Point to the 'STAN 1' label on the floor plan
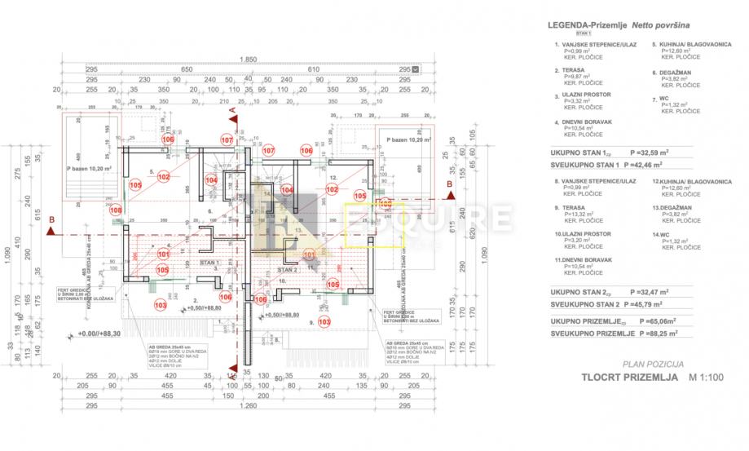click(x=211, y=263)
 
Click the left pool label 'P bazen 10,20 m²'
click(x=90, y=170)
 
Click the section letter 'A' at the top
click(x=232, y=108)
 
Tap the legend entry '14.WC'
click(x=662, y=234)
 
